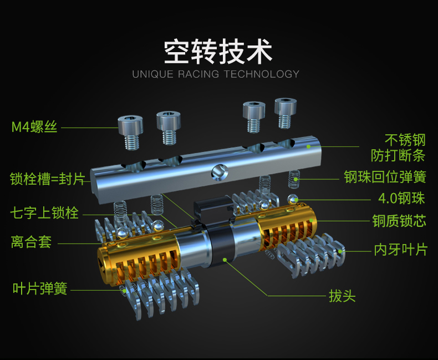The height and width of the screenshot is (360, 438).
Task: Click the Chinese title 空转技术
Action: pos(218,51)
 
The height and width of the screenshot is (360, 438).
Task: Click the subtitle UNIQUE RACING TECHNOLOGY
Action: pos(216,74)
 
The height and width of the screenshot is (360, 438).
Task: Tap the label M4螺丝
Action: pos(34,127)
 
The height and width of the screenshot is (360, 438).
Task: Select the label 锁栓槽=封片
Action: pos(47,179)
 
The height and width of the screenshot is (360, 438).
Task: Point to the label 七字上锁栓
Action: pos(44,213)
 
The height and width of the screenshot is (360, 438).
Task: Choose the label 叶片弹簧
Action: pos(40,288)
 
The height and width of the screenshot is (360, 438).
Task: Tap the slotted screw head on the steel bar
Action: pos(218,173)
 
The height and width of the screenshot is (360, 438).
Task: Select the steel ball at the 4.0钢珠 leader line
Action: pos(293,198)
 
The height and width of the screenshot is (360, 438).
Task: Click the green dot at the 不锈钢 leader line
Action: pos(309,146)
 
